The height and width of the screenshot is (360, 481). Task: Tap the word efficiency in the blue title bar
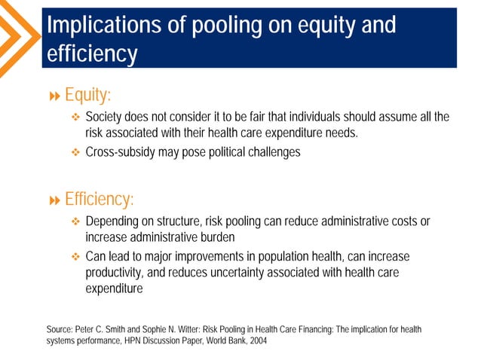coord(92,54)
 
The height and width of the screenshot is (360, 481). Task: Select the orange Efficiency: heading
coord(99,200)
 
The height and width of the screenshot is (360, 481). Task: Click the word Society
coord(105,117)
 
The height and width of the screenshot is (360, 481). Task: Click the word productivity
coord(117,273)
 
